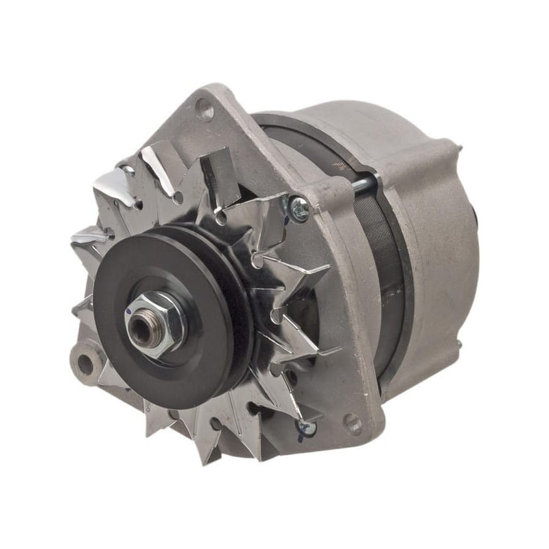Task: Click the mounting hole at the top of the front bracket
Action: (x=205, y=107)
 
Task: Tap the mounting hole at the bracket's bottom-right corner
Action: (x=353, y=422)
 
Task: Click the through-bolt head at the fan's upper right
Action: (x=299, y=208)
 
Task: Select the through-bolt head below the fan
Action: (x=305, y=427)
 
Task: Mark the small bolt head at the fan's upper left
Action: (x=128, y=168)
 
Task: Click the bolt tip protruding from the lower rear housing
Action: (x=458, y=343)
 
